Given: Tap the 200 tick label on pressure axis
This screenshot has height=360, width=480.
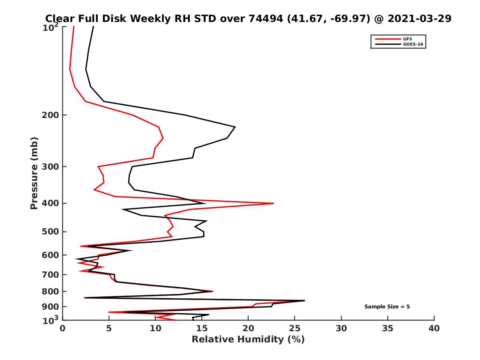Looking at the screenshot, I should pos(49,115).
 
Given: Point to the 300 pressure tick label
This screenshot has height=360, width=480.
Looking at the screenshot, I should pos(49,166).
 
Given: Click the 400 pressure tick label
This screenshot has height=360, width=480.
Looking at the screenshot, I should pos(49,203).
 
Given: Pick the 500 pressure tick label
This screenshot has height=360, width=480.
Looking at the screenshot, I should pos(49,232).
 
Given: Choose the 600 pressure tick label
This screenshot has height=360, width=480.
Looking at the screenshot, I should pos(49,255).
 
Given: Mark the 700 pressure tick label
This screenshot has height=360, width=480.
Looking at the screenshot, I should pos(49,274).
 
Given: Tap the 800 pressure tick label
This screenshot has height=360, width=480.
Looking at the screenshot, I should pos(49,291).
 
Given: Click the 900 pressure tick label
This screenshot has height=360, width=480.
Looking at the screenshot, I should pos(49,307).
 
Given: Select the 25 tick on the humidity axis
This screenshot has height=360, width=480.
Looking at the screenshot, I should pos(295,328).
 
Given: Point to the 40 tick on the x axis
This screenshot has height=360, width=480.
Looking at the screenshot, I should pos(434,328).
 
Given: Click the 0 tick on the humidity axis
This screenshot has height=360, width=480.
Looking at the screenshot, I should pos(62,328).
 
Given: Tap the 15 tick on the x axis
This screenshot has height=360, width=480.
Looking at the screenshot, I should pos(202,328).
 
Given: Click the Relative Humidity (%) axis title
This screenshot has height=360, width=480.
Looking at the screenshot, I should pos(248,340).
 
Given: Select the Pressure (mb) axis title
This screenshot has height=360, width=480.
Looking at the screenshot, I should pos(34,173).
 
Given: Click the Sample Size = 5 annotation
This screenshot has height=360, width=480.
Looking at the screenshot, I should pos(387,307).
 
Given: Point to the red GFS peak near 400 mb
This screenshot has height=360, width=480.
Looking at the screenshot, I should pos(274,204).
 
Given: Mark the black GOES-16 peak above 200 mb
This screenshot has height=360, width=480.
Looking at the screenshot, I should pos(235,127).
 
